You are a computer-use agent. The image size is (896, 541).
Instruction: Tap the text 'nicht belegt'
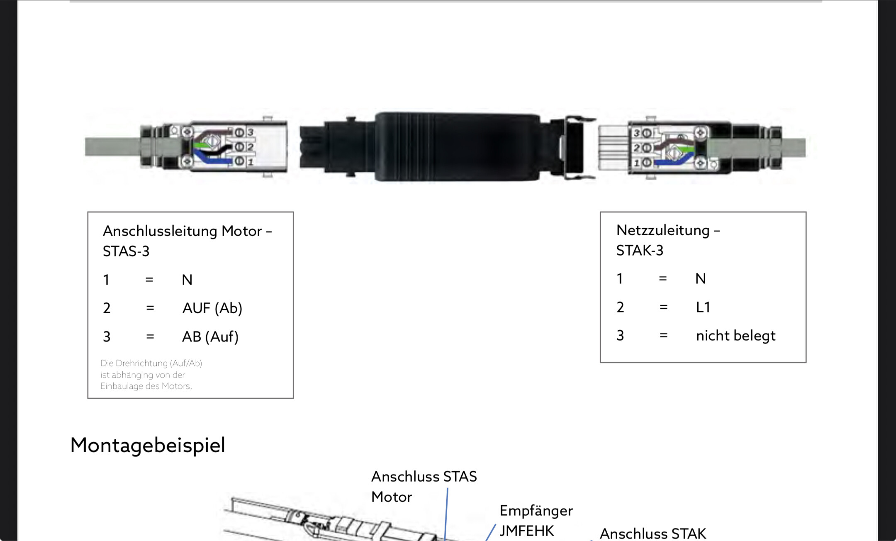(x=735, y=336)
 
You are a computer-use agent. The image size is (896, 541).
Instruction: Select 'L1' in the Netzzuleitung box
(x=703, y=307)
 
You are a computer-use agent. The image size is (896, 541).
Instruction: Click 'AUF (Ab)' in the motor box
(x=212, y=308)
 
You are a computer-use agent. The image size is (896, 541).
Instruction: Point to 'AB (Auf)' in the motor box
(x=210, y=337)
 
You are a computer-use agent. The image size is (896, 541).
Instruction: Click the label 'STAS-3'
(x=126, y=251)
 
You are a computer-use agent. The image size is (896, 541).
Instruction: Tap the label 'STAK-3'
(x=640, y=251)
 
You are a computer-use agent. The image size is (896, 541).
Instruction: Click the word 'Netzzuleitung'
(x=663, y=230)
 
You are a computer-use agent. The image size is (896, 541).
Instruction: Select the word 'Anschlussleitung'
(x=160, y=231)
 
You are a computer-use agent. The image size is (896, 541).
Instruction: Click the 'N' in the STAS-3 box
(x=187, y=280)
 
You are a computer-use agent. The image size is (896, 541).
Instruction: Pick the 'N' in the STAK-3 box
(x=701, y=279)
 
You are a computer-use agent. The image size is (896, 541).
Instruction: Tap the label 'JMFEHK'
(x=527, y=531)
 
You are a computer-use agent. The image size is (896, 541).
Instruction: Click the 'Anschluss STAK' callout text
(x=653, y=534)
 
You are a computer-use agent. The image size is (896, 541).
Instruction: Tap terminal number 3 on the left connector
(x=251, y=132)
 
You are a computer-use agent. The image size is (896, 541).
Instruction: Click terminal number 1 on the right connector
(x=637, y=163)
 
